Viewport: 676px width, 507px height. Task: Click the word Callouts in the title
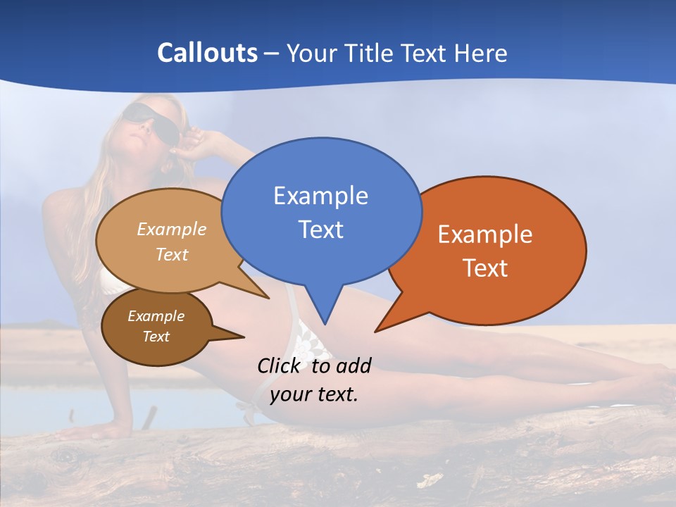(207, 53)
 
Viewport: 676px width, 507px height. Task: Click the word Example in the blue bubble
(320, 196)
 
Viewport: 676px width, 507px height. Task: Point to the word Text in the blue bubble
(320, 230)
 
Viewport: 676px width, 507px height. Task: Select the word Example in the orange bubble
(485, 234)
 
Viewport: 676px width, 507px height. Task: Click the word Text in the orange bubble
(485, 268)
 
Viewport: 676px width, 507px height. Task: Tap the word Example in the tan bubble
(172, 229)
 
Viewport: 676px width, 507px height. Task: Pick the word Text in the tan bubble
(172, 254)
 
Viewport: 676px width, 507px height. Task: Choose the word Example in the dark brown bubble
(156, 316)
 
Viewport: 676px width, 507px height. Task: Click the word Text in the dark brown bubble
(156, 337)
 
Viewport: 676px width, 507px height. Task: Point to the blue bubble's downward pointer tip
(325, 323)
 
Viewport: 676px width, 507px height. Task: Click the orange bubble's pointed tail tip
(376, 331)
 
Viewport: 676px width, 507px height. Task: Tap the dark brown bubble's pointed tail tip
(244, 337)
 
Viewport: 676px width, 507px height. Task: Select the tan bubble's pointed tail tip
(268, 298)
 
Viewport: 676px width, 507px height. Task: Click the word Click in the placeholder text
(281, 365)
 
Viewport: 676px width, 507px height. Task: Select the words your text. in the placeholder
(314, 394)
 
